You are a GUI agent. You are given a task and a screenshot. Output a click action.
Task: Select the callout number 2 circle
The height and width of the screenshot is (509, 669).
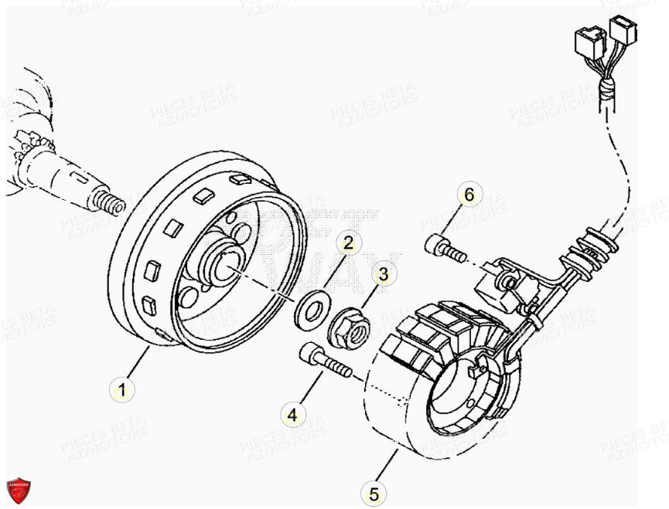click(348, 243)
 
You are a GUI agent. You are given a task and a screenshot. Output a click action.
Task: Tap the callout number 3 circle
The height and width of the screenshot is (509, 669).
click(383, 273)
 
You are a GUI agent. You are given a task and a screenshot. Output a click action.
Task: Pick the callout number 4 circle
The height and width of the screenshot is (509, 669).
click(292, 416)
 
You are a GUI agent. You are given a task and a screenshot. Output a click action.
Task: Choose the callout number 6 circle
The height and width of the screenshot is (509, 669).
click(468, 195)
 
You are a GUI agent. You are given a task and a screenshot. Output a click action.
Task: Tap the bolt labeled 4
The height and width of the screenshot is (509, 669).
click(325, 361)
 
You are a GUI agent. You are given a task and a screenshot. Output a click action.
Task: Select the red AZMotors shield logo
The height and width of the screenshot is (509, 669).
click(18, 490)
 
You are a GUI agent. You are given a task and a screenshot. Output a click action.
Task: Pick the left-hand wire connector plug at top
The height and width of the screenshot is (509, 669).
click(587, 42)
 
